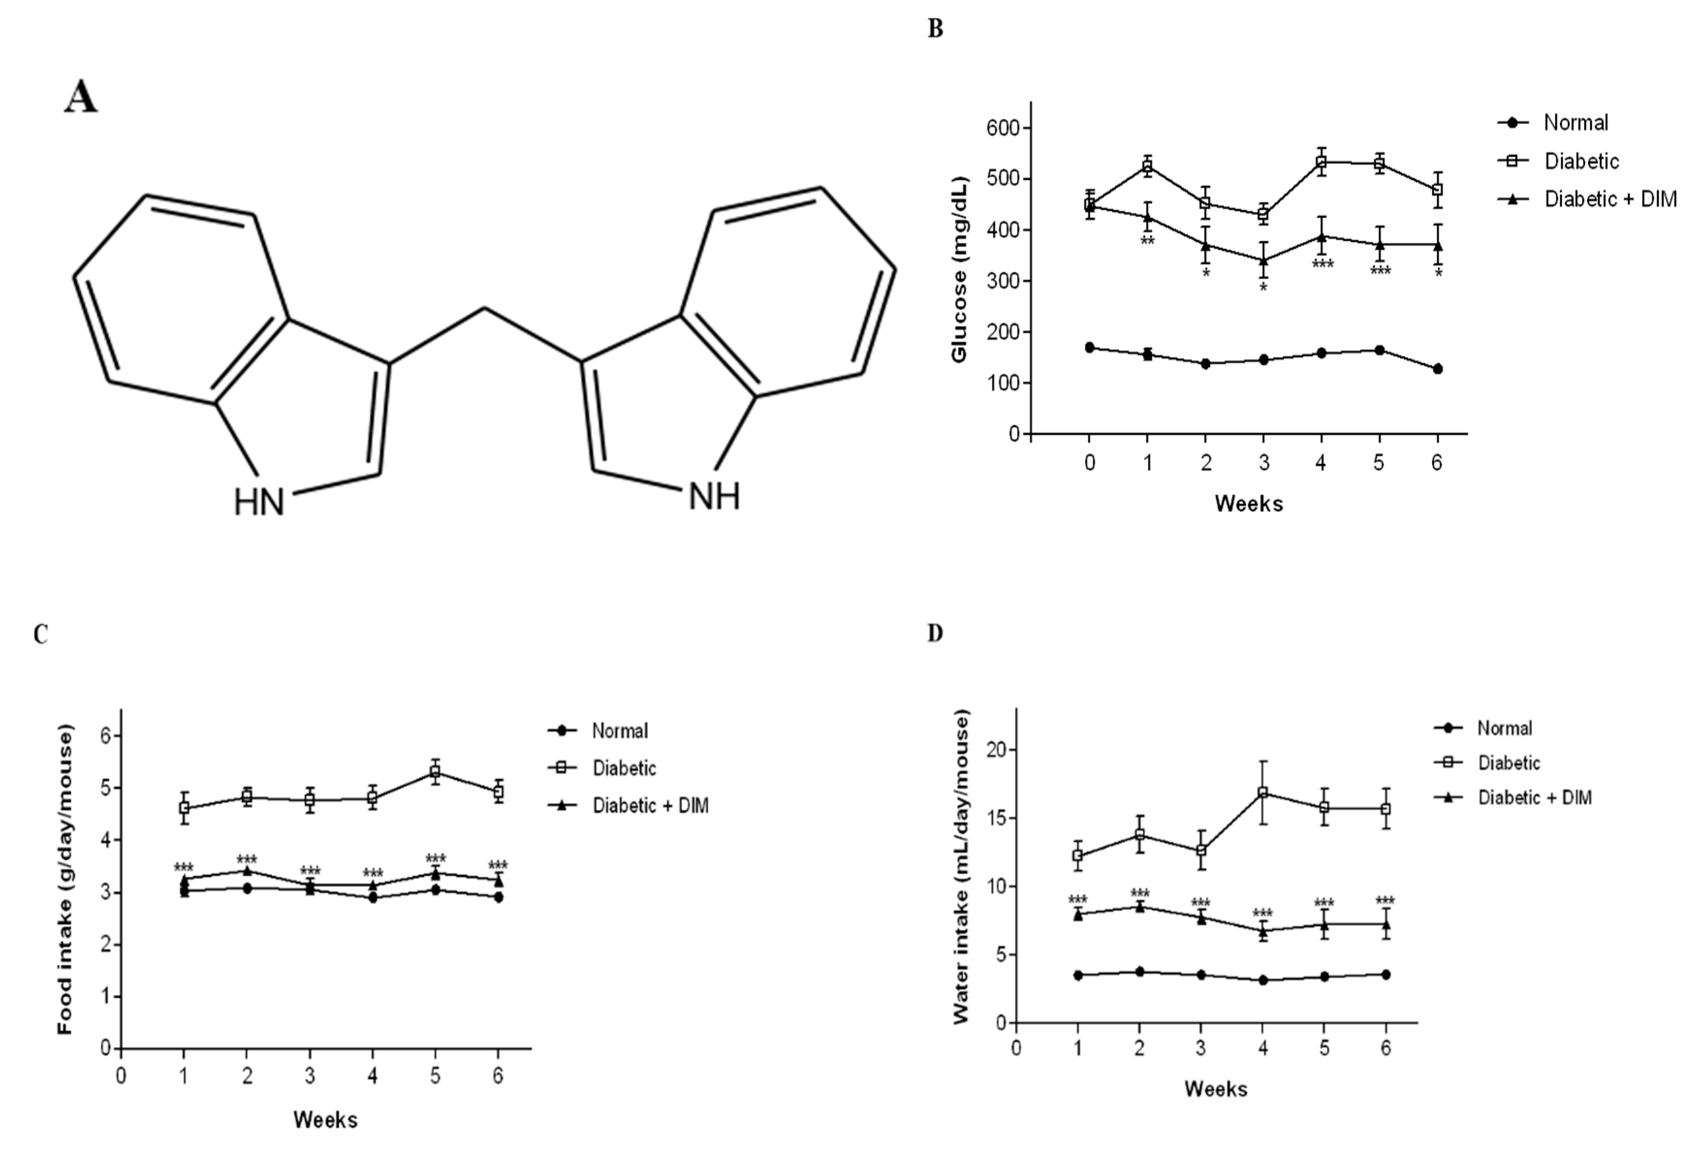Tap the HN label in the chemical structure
[259, 502]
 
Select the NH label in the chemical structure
[715, 497]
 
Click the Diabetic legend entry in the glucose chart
[1581, 161]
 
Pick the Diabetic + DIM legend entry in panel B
[1610, 199]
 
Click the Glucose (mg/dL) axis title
[959, 269]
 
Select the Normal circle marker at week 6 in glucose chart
[1437, 369]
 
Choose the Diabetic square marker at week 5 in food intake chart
[435, 771]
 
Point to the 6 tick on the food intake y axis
[107, 735]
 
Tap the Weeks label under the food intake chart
[325, 1119]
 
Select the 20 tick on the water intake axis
[995, 750]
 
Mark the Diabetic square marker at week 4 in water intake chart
[1262, 793]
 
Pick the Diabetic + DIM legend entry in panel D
[1534, 797]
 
